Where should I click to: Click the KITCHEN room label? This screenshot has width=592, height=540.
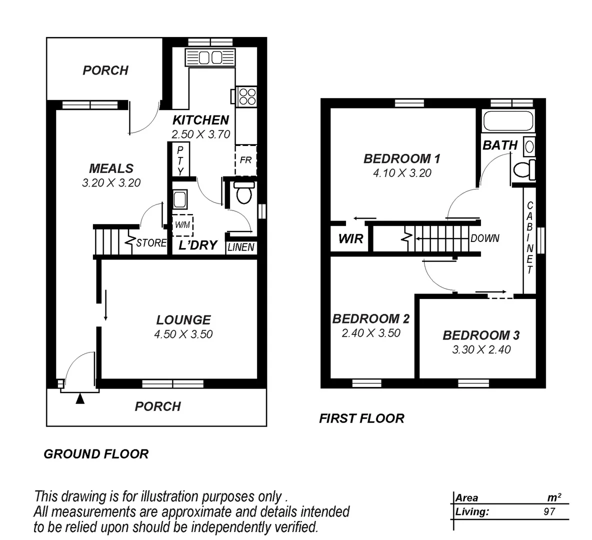(x=200, y=120)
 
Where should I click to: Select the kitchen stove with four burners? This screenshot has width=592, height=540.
(x=246, y=95)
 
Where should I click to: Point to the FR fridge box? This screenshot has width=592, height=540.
(x=245, y=160)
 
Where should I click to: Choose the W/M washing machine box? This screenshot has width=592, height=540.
(x=182, y=225)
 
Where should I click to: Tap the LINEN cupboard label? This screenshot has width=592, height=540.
(x=241, y=247)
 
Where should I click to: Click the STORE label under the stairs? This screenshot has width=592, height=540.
(x=151, y=243)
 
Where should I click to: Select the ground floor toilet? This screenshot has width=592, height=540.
(x=244, y=193)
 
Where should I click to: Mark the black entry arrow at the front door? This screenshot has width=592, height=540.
(x=80, y=398)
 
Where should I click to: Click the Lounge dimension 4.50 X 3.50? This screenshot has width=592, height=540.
(x=183, y=334)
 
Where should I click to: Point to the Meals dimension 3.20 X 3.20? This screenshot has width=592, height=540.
(x=111, y=182)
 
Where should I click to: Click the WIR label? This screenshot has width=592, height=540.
(x=350, y=238)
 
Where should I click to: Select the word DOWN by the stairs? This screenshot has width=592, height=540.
(x=484, y=238)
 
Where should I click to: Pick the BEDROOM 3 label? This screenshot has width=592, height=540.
(x=481, y=335)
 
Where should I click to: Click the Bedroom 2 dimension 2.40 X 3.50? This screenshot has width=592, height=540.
(x=371, y=333)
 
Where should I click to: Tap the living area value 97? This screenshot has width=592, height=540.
(x=549, y=511)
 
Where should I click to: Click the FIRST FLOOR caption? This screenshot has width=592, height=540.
(x=361, y=418)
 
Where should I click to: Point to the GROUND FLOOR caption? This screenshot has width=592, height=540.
(x=96, y=454)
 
